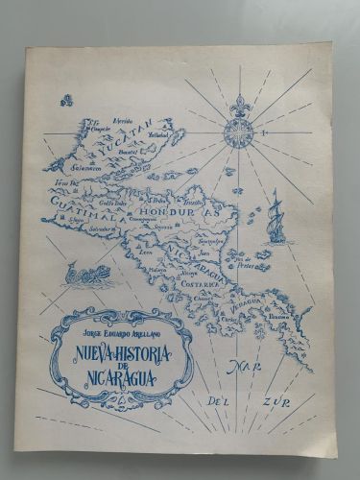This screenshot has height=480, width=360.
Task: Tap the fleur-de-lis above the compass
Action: [x=237, y=102]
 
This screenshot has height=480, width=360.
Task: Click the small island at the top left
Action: [x=65, y=98]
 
